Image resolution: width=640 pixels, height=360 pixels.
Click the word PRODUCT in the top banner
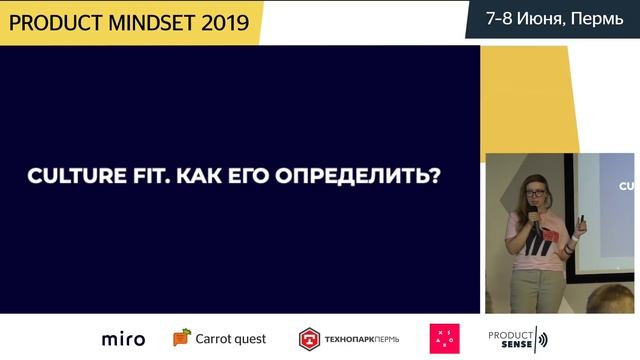(50, 21)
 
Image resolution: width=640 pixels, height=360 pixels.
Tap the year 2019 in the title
(225, 21)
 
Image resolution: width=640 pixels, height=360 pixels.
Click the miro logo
(123, 339)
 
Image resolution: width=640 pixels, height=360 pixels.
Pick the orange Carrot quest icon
(181, 338)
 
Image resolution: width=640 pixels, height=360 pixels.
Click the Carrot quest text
(231, 339)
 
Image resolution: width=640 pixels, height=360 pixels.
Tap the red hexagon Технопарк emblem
(309, 339)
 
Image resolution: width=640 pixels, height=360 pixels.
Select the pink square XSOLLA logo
(444, 339)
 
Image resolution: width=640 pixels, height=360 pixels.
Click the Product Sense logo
(517, 339)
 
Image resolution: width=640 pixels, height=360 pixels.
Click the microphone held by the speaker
(535, 215)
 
